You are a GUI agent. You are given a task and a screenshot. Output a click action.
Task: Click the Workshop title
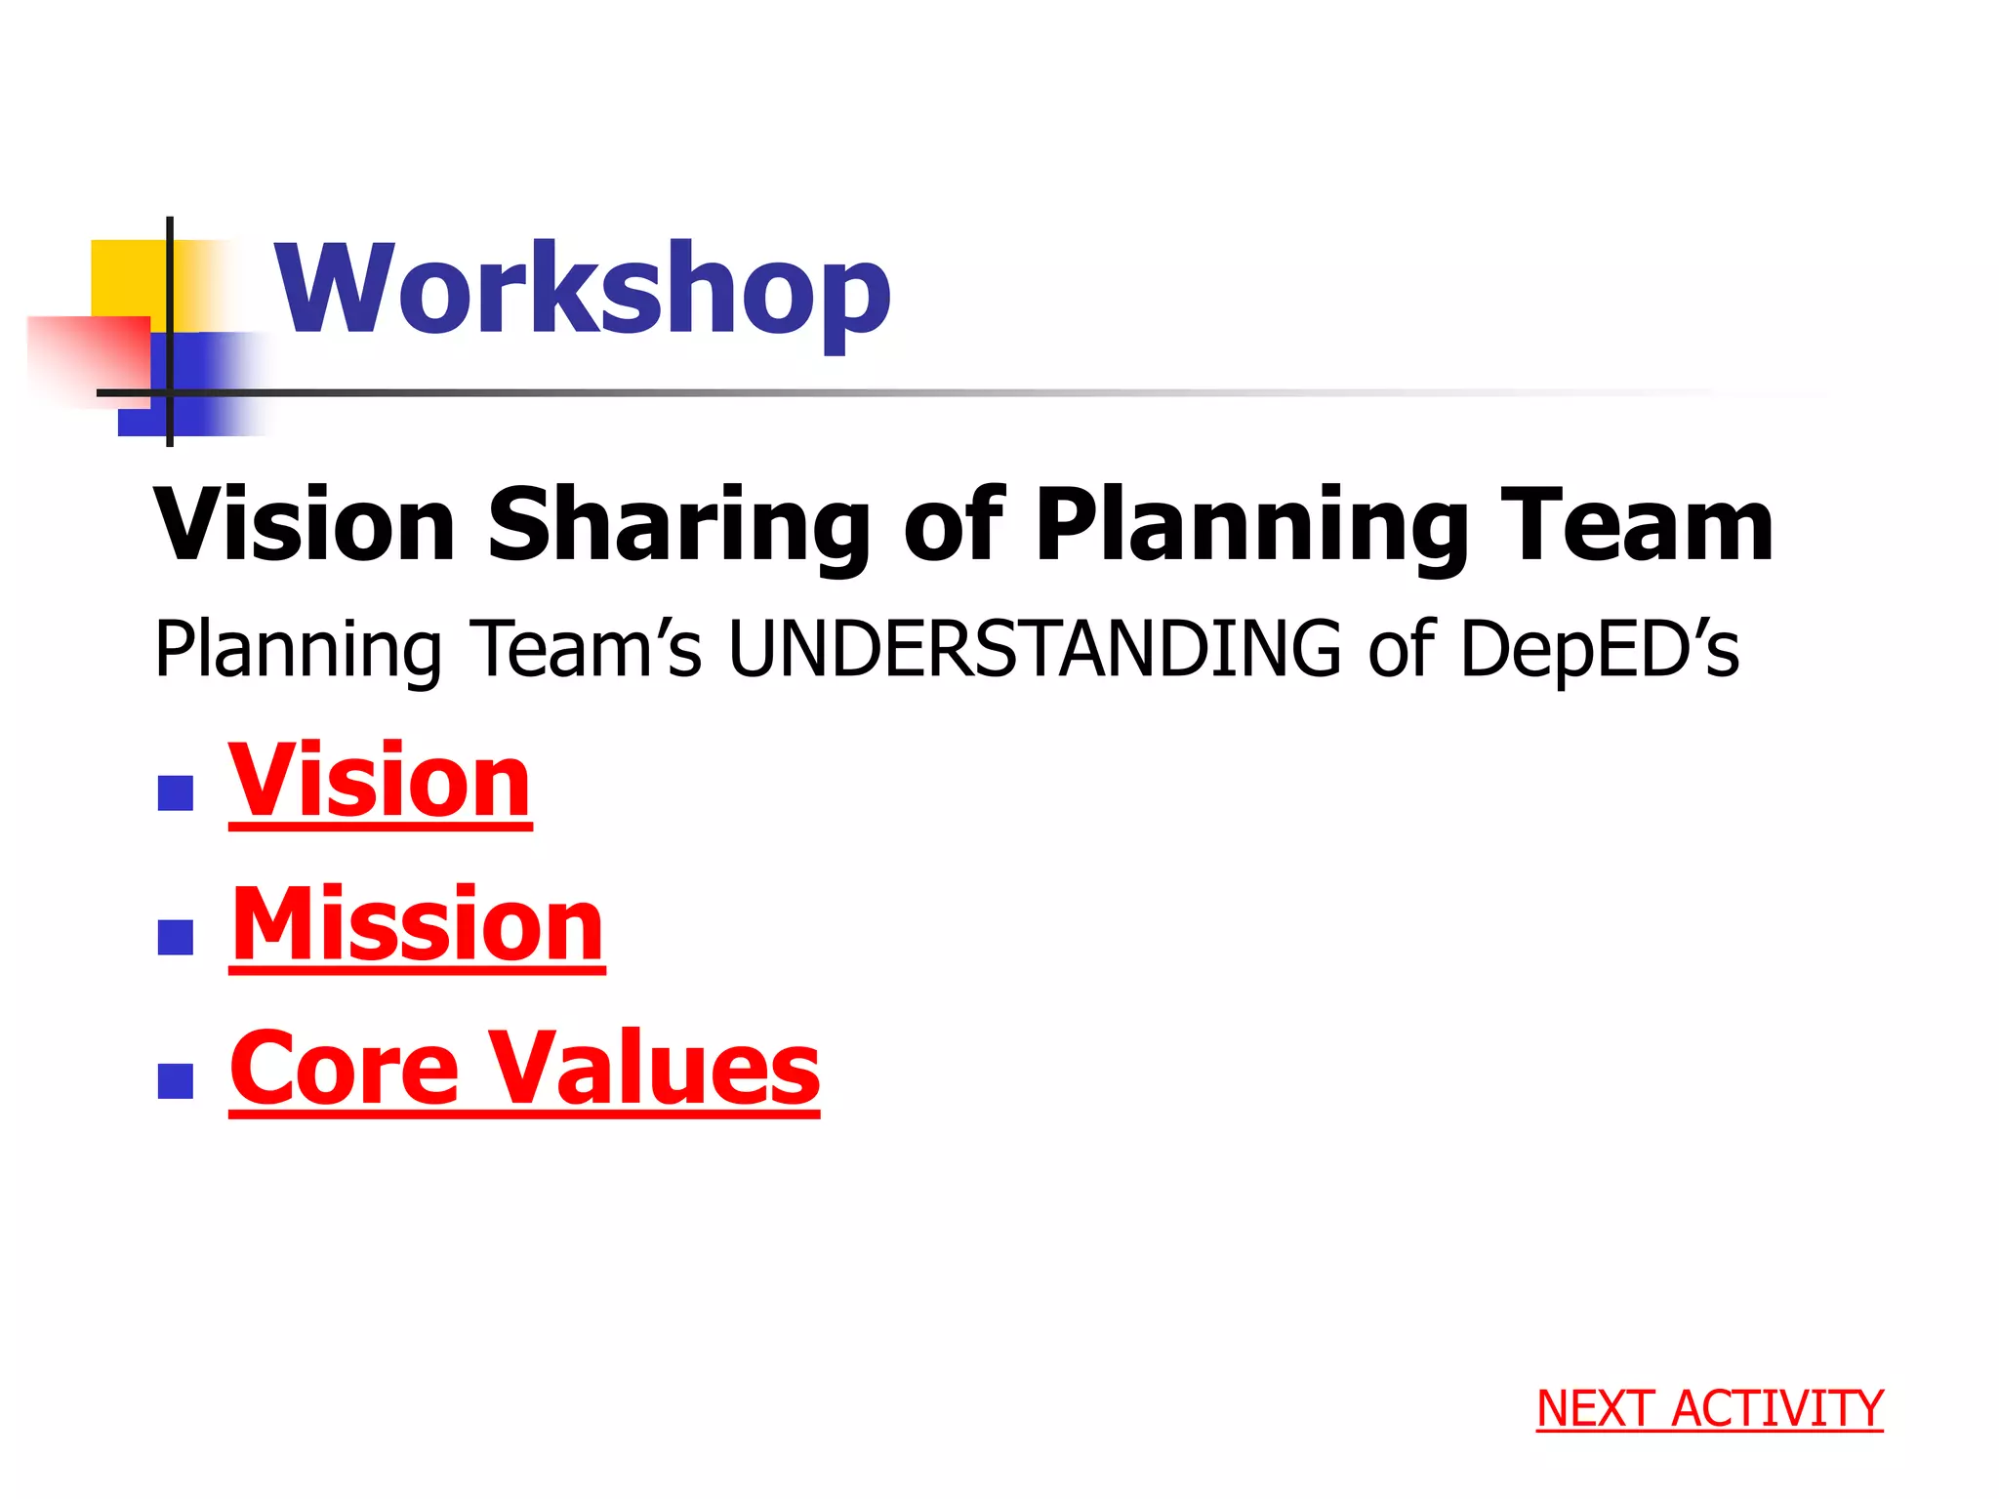point(583,290)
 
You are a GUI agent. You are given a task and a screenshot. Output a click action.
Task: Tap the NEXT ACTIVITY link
point(1709,1409)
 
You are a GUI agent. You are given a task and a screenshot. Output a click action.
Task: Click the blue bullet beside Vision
point(176,793)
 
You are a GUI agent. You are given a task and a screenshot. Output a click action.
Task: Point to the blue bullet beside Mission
point(176,937)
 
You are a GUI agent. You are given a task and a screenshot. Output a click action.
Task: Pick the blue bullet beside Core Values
point(176,1081)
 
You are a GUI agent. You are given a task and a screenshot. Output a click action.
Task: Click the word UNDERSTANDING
point(1035,649)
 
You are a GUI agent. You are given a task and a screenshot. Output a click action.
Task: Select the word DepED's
point(1599,649)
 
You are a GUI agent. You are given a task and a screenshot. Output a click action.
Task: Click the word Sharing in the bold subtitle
point(678,527)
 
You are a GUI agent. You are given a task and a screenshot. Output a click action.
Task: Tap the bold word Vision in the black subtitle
point(305,527)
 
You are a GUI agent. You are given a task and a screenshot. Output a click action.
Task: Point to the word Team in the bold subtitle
point(1637,527)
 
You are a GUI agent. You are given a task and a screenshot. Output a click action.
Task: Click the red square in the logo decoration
point(88,356)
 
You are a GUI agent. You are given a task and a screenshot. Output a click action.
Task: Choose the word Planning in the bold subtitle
point(1251,527)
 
